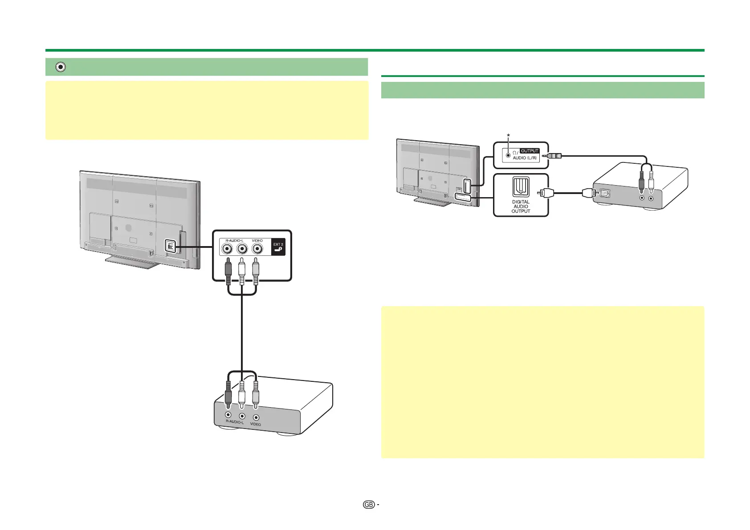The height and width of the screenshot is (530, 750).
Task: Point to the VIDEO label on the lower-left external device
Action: pos(255,425)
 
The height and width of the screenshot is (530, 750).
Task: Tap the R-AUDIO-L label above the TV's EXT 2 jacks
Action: pos(234,240)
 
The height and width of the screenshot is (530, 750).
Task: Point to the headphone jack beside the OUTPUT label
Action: pos(507,155)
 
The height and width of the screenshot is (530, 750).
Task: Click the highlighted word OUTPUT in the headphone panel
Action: pos(530,151)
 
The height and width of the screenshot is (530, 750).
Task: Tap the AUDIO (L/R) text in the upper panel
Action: pos(525,158)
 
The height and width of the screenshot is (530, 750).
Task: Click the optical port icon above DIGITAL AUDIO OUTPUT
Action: pos(521,187)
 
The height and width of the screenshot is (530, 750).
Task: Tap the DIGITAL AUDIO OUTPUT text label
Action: pos(521,206)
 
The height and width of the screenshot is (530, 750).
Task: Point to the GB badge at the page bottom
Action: pos(368,505)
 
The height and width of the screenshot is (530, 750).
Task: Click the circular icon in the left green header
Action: pos(61,67)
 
